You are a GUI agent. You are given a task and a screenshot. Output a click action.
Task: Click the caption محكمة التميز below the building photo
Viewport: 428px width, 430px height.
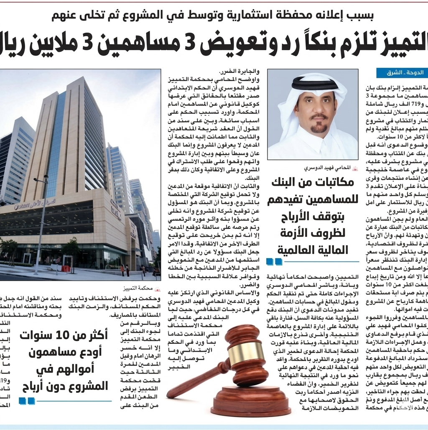[142, 289]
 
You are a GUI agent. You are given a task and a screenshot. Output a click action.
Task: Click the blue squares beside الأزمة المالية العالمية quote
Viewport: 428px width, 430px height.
[274, 262]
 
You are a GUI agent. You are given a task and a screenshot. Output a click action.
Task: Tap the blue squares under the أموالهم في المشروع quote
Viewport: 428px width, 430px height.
[27, 401]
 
